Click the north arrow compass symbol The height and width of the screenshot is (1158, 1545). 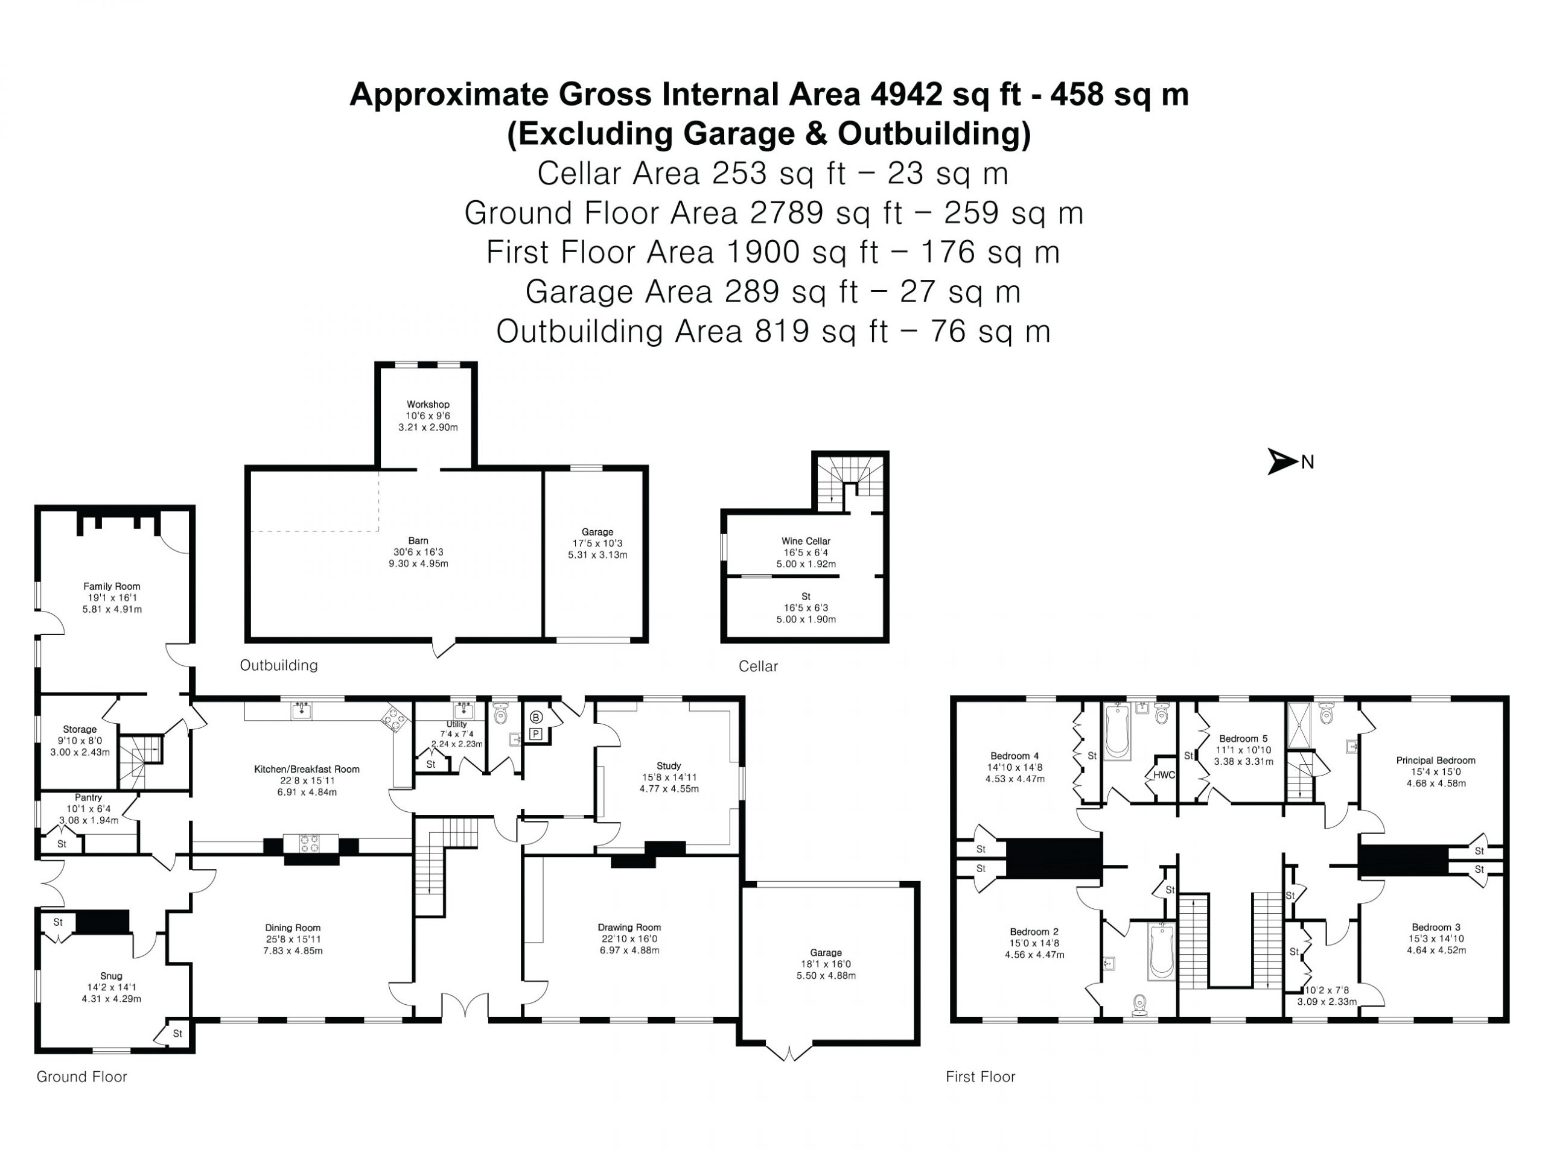1283,461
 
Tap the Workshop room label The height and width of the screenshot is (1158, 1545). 428,404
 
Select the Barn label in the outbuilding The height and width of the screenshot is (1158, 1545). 418,541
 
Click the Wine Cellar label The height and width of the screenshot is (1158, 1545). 806,541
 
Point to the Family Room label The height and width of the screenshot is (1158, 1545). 112,586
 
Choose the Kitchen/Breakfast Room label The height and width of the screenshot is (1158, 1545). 307,769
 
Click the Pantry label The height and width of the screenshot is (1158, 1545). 89,797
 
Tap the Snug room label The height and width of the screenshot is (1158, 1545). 111,976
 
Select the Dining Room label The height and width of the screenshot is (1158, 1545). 293,928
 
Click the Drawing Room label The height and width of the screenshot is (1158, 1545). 629,928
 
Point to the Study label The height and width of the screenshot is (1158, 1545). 669,766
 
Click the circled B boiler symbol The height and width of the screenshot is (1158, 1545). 536,718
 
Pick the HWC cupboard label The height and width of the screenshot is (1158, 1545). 1164,775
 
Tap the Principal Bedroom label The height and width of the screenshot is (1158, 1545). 1435,760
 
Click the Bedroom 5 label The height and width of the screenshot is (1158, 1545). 1243,738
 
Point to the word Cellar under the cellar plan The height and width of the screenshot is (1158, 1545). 758,666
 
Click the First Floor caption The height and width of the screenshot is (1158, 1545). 980,1077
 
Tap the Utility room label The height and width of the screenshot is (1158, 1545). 457,724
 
